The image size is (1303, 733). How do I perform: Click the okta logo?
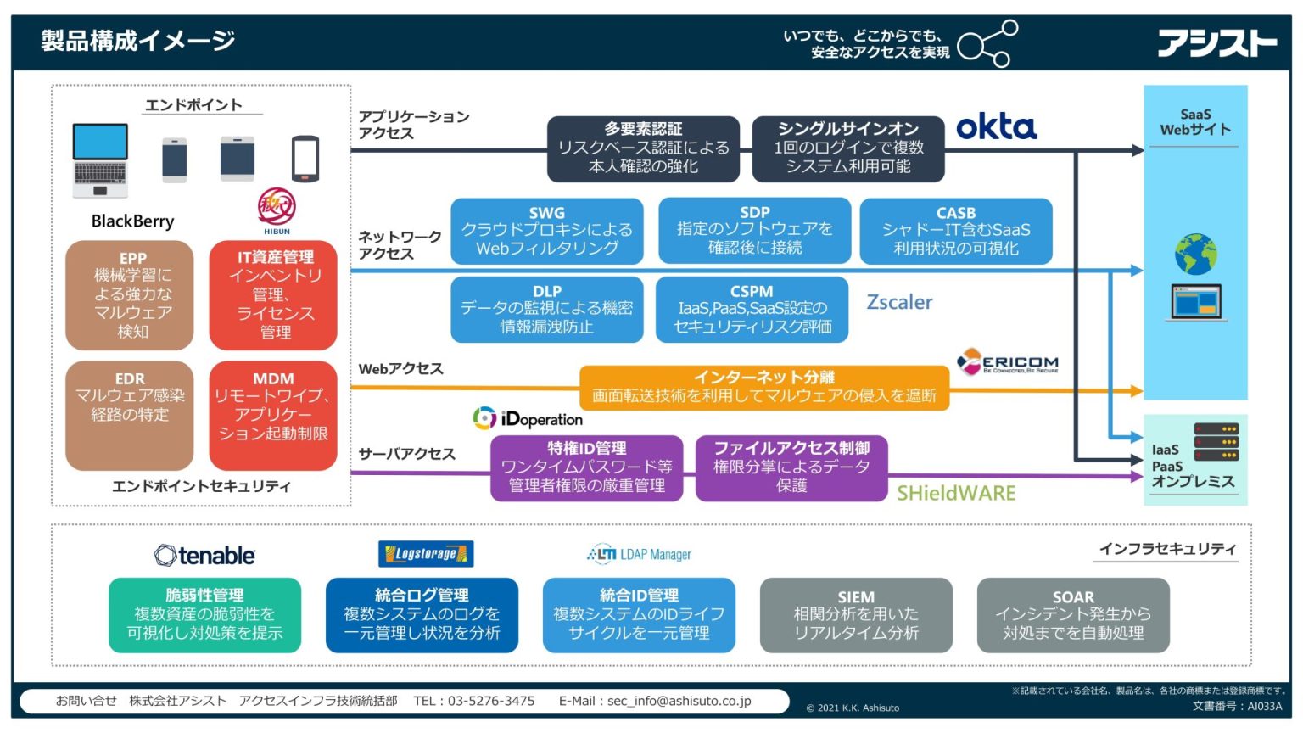[x=996, y=127]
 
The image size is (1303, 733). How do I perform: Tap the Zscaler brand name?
[x=899, y=302]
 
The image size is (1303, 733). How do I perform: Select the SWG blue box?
[x=546, y=231]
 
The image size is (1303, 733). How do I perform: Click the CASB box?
[x=956, y=231]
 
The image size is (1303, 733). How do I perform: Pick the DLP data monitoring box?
[x=546, y=309]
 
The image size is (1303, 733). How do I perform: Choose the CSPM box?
[x=752, y=309]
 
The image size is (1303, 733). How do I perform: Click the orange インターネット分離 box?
[x=763, y=387]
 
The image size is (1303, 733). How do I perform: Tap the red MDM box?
[x=273, y=416]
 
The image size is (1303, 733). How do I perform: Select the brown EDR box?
[x=130, y=416]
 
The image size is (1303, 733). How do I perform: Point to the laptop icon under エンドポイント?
[x=100, y=159]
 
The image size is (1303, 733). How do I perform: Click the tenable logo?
[x=204, y=556]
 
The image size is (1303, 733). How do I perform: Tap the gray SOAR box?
[x=1073, y=615]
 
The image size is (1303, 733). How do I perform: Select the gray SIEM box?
[x=856, y=615]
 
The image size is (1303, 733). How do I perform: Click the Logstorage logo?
[x=426, y=554]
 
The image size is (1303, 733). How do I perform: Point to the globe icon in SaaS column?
[x=1195, y=253]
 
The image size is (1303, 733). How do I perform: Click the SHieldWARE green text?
[x=956, y=494]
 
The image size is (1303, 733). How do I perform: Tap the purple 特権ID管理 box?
[x=586, y=467]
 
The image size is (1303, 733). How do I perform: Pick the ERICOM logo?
[x=1008, y=363]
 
